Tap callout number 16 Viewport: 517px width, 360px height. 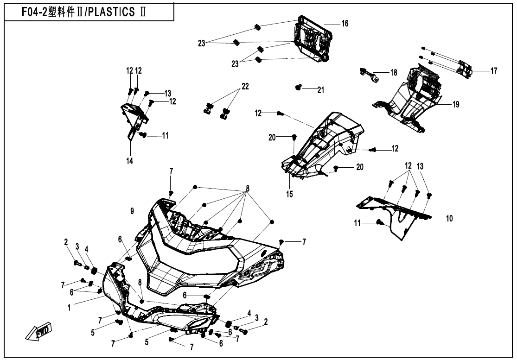tap(345, 23)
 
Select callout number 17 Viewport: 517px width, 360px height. tap(493, 71)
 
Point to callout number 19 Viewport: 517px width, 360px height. tap(455, 105)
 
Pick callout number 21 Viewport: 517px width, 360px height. tap(320, 90)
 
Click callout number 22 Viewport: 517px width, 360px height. tap(245, 86)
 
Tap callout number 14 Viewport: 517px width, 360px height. tap(129, 161)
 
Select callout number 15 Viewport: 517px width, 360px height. tap(289, 194)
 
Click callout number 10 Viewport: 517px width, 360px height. tap(449, 217)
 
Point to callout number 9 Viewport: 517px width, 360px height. tap(133, 211)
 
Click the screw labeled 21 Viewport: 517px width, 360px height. tap(299, 87)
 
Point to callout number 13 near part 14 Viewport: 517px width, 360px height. tap(167, 93)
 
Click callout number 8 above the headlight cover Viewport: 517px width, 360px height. tap(248, 189)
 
